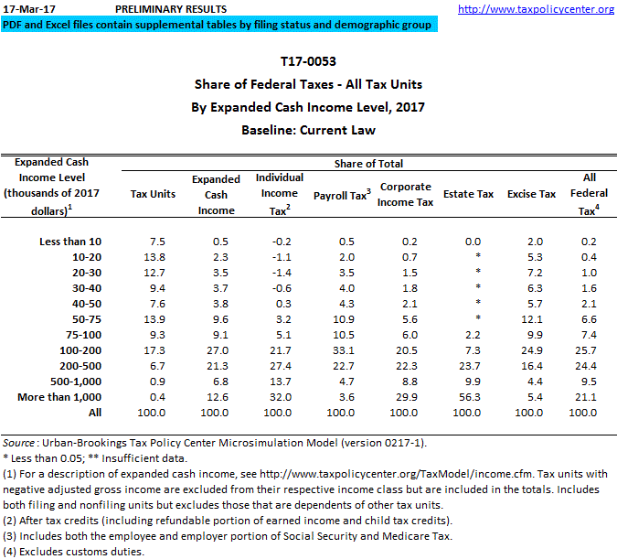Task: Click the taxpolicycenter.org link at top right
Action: pyautogui.click(x=536, y=9)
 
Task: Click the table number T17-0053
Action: pyautogui.click(x=308, y=62)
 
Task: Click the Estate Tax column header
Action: pyautogui.click(x=468, y=194)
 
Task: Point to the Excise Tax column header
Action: pyautogui.click(x=531, y=194)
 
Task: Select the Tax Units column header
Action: pyautogui.click(x=154, y=194)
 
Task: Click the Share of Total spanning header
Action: pyautogui.click(x=368, y=164)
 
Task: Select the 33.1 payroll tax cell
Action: pyautogui.click(x=341, y=349)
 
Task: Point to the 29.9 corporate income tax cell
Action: pyautogui.click(x=406, y=396)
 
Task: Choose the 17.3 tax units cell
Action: pyautogui.click(x=156, y=349)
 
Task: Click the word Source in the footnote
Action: pyautogui.click(x=20, y=443)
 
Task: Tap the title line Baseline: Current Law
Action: pyautogui.click(x=308, y=130)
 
